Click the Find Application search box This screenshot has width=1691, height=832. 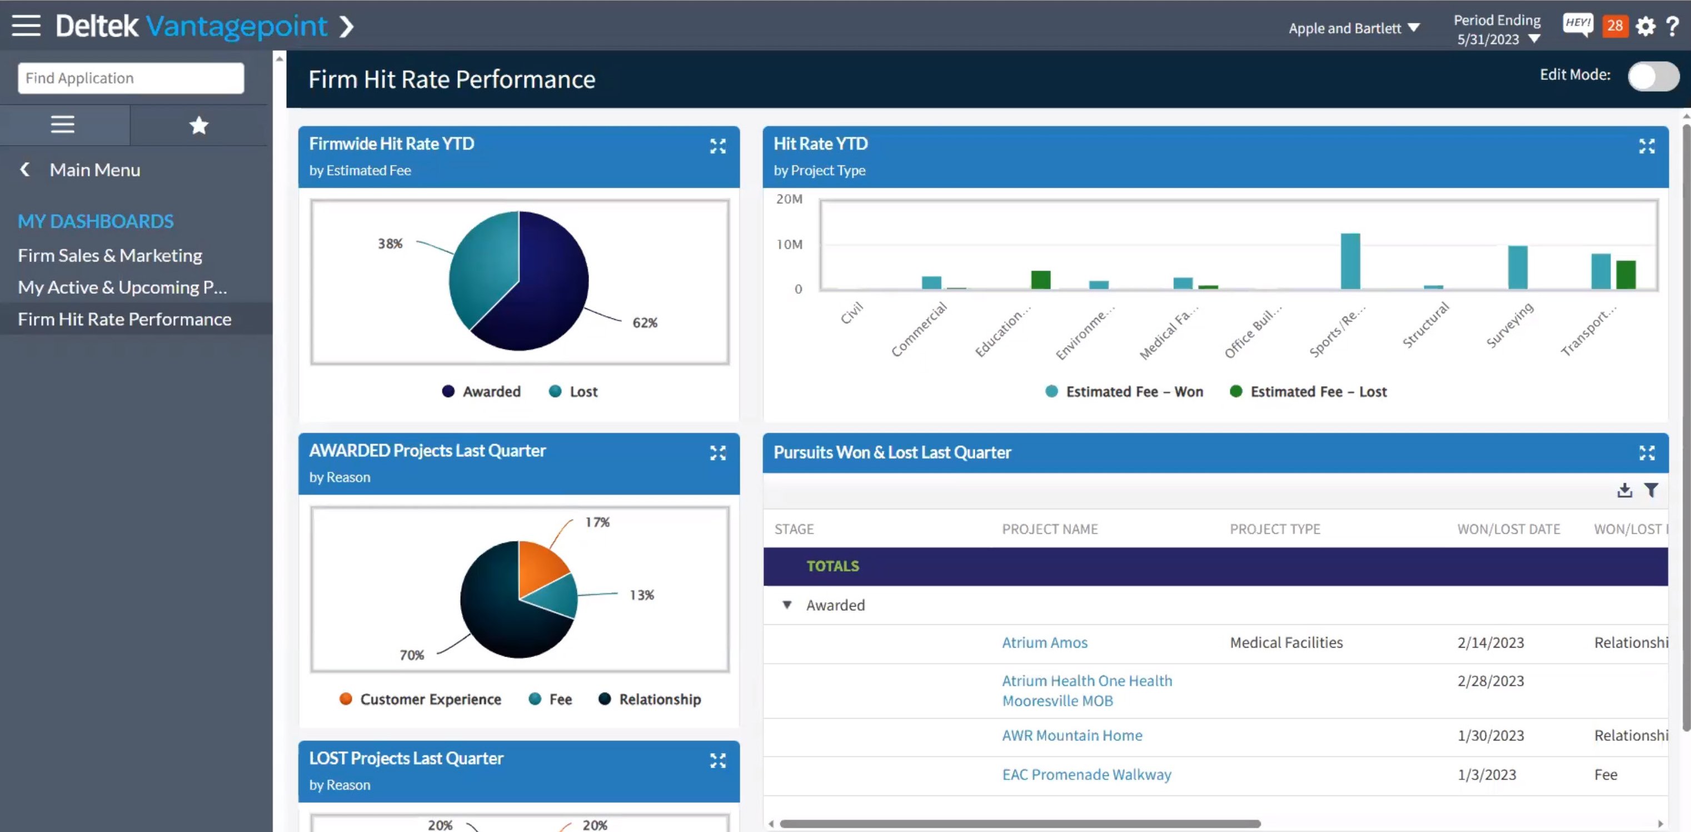[131, 78]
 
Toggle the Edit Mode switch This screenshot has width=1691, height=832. [1652, 76]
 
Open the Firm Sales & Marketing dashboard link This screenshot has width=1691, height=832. [109, 255]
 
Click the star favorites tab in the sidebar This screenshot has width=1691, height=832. [198, 124]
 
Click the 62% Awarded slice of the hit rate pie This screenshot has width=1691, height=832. [545, 295]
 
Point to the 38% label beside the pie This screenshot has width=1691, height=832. [390, 243]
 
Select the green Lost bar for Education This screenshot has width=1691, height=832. [1040, 279]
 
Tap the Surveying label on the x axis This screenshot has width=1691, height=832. [1510, 325]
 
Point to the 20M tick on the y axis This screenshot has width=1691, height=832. [789, 199]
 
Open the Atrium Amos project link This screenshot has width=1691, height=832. [1044, 643]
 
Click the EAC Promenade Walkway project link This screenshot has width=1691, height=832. [1086, 774]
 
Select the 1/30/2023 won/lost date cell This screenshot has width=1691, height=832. [1491, 735]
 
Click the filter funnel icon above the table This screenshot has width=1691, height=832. [1651, 490]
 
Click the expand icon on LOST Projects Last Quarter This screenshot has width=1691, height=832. [717, 760]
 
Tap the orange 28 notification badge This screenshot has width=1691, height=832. [1615, 26]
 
